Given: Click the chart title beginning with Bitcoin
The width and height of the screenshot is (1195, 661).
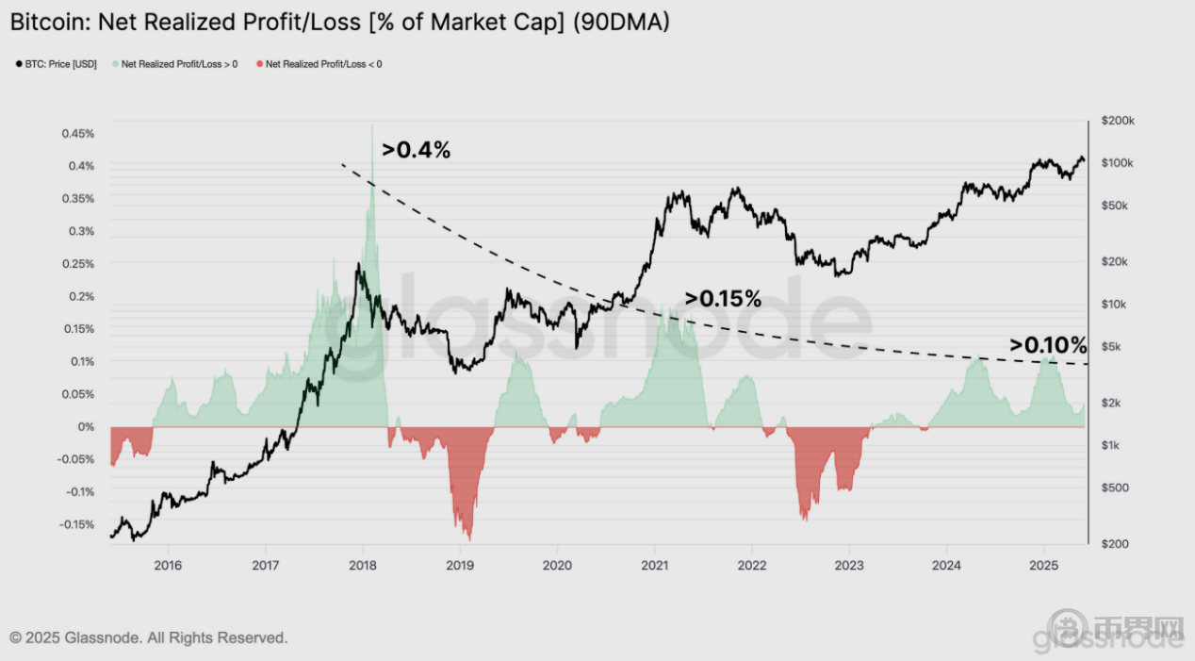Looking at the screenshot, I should (339, 22).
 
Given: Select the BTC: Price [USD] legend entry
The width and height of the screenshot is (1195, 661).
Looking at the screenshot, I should (59, 64).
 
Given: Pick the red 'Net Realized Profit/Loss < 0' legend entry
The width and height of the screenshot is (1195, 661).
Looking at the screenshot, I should (323, 64).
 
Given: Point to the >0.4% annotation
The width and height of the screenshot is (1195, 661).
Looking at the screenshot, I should (416, 149).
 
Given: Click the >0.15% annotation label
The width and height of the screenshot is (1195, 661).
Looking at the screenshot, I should (723, 299).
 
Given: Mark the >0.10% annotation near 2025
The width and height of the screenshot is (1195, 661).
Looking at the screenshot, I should (1048, 345).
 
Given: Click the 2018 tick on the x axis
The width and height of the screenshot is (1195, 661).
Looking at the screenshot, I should (363, 565).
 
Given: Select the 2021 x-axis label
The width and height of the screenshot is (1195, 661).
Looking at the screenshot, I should (654, 565).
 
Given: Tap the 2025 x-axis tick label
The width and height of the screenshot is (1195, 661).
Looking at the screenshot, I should (1042, 565).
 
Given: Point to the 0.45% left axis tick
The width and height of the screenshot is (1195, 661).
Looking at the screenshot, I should (78, 134).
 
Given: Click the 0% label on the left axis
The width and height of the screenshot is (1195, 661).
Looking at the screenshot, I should (86, 427).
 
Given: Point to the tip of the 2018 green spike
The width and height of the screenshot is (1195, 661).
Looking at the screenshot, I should (372, 124).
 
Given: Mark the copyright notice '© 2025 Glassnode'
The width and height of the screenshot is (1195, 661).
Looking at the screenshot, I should (148, 638).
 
